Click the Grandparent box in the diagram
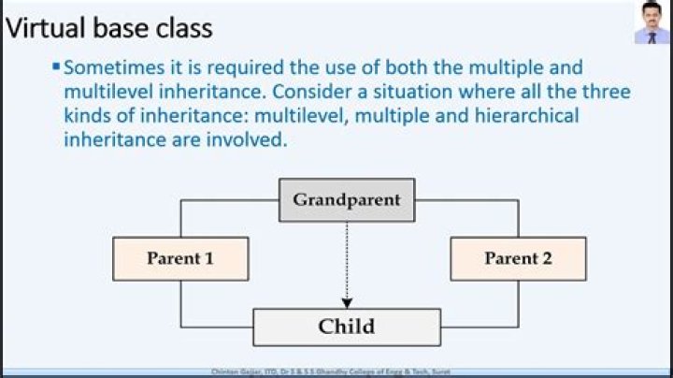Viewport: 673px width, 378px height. [x=346, y=200]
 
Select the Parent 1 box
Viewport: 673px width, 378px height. [x=180, y=258]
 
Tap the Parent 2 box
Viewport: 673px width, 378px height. [x=518, y=258]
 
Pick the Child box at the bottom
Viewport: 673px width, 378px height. [x=346, y=327]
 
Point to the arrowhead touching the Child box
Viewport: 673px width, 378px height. [x=346, y=302]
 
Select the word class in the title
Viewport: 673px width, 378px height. [x=185, y=28]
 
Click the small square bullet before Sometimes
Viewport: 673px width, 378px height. [x=56, y=67]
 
